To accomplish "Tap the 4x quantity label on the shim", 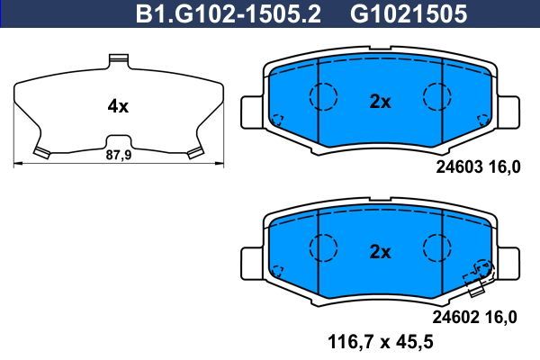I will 118,106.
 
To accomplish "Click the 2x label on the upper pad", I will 381,102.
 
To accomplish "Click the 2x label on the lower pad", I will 381,252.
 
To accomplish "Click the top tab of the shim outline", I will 119,61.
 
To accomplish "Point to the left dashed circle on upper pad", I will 322,94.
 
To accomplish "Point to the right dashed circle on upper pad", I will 436,94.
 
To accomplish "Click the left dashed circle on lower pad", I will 322,245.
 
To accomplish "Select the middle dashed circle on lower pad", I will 436,245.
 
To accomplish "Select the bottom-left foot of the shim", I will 40,151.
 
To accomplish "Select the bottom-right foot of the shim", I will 193,153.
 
